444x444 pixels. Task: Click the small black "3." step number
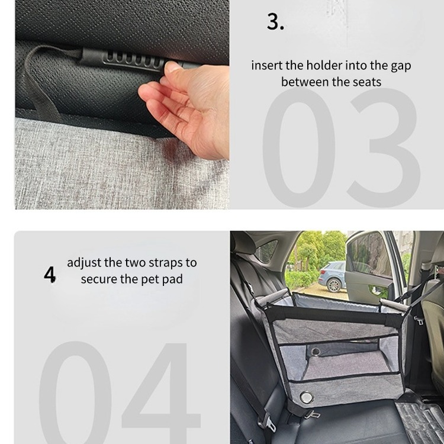(275, 21)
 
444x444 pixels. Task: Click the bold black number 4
(50, 274)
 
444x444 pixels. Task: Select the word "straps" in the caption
(166, 263)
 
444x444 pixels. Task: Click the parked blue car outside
(333, 276)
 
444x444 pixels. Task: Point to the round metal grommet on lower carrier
(307, 397)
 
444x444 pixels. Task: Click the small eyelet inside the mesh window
(315, 352)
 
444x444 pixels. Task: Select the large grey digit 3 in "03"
(384, 147)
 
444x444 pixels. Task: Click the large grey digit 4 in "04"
(162, 393)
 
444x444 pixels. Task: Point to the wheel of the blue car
(334, 285)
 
